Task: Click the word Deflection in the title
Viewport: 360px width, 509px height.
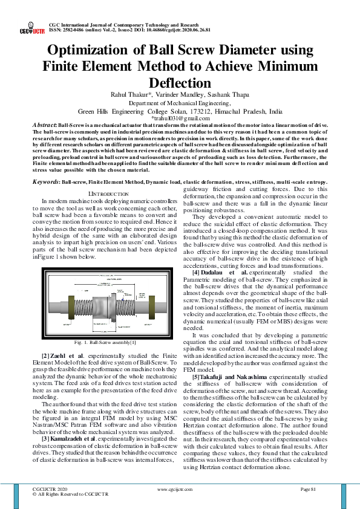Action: (180, 83)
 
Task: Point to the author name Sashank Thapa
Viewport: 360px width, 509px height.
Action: (234, 95)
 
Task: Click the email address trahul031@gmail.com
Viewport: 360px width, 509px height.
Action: (180, 118)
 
